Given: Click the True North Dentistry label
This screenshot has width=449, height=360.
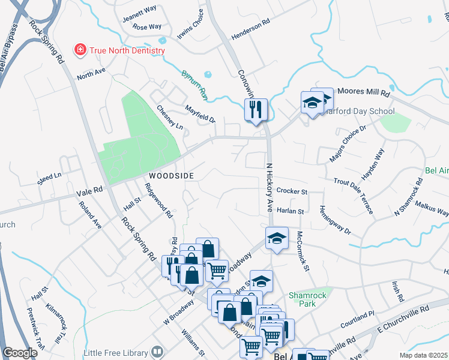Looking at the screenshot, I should click(127, 50).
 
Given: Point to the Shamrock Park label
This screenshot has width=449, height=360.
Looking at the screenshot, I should click(307, 299).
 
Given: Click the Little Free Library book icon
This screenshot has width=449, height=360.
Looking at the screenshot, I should click(158, 351).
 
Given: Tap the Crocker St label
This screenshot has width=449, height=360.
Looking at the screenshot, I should click(292, 192).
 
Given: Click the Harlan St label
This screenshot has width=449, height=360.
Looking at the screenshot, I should click(291, 211).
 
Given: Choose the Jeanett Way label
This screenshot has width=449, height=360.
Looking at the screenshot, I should click(139, 15).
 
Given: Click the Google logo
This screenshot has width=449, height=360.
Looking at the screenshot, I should click(20, 353).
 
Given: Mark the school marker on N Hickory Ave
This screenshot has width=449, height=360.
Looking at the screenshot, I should click(277, 238).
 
